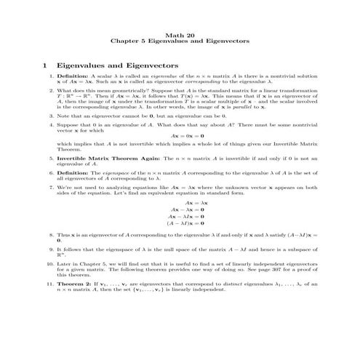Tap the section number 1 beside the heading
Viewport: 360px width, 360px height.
pyautogui.click(x=45, y=65)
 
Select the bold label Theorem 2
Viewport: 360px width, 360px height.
pyautogui.click(x=76, y=284)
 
